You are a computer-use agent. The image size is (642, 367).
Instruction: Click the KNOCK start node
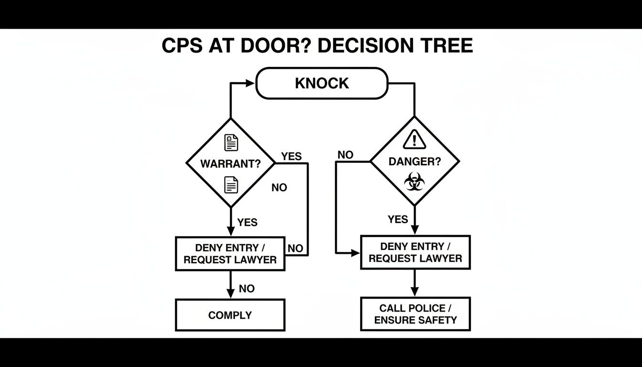(x=322, y=83)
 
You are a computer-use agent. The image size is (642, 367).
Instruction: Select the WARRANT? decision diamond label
(x=230, y=164)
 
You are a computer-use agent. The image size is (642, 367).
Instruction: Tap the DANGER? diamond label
(x=415, y=162)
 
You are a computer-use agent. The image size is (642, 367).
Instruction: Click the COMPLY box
(x=230, y=315)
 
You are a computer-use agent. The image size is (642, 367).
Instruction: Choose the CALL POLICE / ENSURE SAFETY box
(x=415, y=314)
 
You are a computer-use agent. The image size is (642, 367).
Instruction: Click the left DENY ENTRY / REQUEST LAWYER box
(x=230, y=254)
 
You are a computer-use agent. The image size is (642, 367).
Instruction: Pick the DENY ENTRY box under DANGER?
(x=415, y=252)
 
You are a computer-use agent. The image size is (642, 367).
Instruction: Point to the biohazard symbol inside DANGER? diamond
(x=414, y=182)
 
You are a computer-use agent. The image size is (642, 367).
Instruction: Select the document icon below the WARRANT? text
(x=231, y=184)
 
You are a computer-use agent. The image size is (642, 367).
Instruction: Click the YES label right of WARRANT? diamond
(x=291, y=156)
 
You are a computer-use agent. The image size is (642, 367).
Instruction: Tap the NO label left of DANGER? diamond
(x=345, y=155)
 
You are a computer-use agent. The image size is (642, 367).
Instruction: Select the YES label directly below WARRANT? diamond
(x=247, y=222)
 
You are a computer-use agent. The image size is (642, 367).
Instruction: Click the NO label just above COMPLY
(x=246, y=289)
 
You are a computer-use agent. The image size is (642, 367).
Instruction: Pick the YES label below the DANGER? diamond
(x=398, y=219)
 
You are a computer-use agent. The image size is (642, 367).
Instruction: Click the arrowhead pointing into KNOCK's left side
(x=250, y=83)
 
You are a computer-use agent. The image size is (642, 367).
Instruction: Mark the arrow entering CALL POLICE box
(x=415, y=291)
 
